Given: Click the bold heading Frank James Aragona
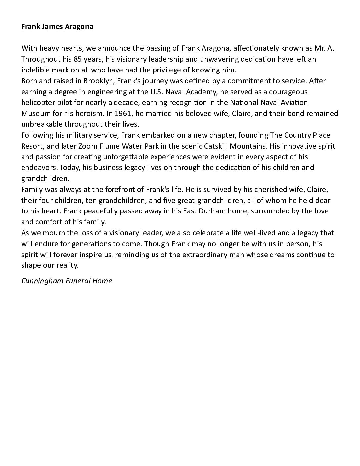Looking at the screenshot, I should point(57,27).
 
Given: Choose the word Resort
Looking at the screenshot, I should point(32,146).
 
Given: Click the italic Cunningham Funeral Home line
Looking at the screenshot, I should point(67,281).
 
